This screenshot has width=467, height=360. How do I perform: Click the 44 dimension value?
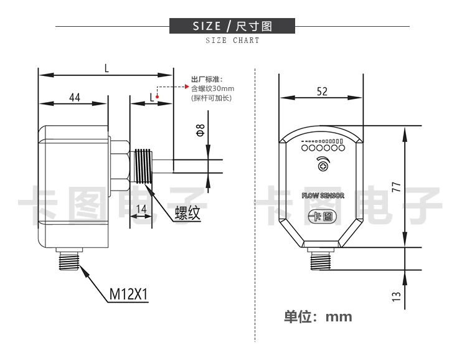click(x=75, y=97)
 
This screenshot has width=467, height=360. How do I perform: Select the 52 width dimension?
click(x=322, y=91)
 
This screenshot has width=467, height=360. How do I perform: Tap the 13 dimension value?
click(x=397, y=296)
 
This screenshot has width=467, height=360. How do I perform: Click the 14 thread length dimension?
click(x=141, y=209)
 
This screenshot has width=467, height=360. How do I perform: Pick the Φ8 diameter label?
click(x=200, y=131)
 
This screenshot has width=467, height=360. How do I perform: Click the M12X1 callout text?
click(x=128, y=294)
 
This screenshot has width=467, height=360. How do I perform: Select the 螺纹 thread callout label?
click(x=187, y=213)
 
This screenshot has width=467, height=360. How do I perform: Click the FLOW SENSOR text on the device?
click(x=323, y=196)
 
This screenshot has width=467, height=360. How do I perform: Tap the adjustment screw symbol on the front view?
click(x=323, y=166)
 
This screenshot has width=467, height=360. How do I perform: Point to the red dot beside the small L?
click(x=157, y=97)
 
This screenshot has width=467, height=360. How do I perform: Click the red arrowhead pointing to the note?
click(x=187, y=87)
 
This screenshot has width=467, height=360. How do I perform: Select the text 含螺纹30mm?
click(x=212, y=88)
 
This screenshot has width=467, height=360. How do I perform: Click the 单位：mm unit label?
click(x=318, y=316)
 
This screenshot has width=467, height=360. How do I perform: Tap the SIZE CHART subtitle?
click(x=232, y=40)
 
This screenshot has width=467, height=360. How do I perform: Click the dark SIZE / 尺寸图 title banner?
click(x=232, y=26)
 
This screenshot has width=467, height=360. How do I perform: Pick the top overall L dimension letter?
click(x=106, y=69)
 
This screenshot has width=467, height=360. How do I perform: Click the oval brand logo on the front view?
click(x=323, y=217)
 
